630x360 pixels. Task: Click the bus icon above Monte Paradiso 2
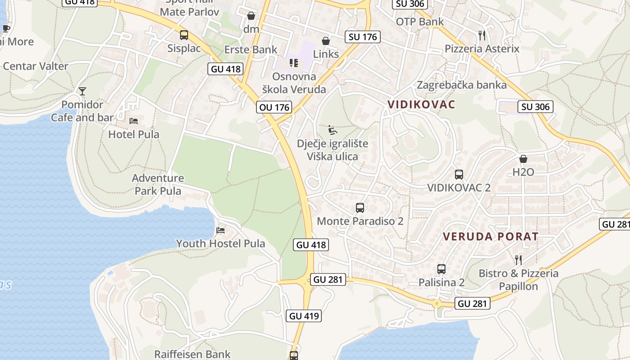click(x=360, y=207)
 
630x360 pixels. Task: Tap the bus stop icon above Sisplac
click(x=184, y=35)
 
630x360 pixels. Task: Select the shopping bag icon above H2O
click(x=523, y=159)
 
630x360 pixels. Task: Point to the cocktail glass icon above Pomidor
click(x=82, y=91)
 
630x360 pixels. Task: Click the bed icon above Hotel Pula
click(x=134, y=121)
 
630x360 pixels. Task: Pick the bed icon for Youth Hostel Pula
click(x=220, y=230)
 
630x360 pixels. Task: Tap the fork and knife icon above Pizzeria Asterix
click(x=482, y=35)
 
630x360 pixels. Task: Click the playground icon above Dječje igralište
click(x=333, y=130)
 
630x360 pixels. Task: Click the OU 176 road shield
click(x=274, y=107)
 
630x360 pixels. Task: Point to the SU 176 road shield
click(x=363, y=36)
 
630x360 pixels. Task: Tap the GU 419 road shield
click(x=304, y=316)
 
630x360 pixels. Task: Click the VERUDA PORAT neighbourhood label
click(x=490, y=236)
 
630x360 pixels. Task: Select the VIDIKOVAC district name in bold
click(x=421, y=104)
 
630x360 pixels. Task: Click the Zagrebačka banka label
click(x=462, y=85)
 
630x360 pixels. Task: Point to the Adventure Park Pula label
click(x=158, y=184)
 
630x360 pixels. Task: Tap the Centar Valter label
click(x=36, y=66)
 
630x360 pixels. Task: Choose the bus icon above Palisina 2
click(x=441, y=269)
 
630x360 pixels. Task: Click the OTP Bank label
click(x=419, y=22)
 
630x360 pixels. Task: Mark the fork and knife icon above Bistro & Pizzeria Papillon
click(x=518, y=260)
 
